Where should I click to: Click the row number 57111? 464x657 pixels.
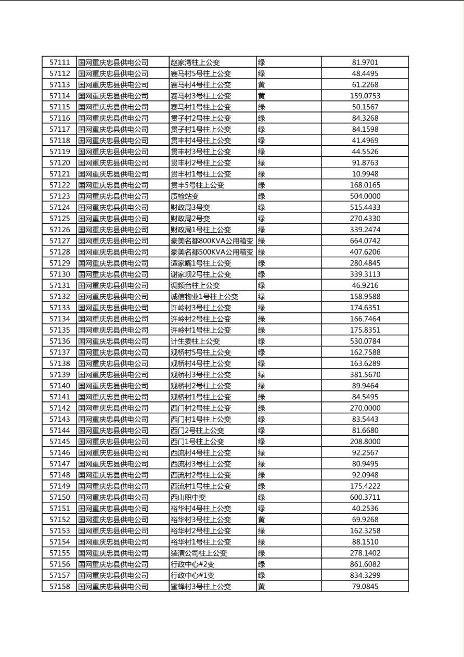tap(59, 62)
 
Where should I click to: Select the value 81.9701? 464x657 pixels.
tap(365, 62)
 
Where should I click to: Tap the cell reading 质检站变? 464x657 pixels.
tap(185, 196)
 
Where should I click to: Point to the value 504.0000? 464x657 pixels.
tap(365, 196)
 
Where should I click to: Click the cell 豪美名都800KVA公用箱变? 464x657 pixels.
tap(212, 241)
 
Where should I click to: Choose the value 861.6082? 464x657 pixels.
tap(365, 564)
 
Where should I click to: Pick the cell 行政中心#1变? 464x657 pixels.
tap(192, 575)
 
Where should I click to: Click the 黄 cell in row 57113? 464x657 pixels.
tap(262, 85)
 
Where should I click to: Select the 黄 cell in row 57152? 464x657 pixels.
tap(262, 520)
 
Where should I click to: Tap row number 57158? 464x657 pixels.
tap(59, 587)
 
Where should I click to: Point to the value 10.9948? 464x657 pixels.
tap(365, 174)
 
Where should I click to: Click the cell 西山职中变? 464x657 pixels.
tap(188, 497)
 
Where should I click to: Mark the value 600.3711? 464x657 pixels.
tap(365, 497)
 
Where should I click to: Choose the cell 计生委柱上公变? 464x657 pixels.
tap(195, 342)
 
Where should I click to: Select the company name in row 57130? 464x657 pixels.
tap(113, 274)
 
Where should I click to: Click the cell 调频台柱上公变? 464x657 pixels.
tap(195, 285)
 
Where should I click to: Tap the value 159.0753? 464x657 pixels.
tap(365, 96)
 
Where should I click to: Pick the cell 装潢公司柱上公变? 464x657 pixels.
tap(199, 553)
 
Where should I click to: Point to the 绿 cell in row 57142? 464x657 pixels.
tap(262, 408)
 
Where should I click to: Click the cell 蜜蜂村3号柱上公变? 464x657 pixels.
tap(201, 587)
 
